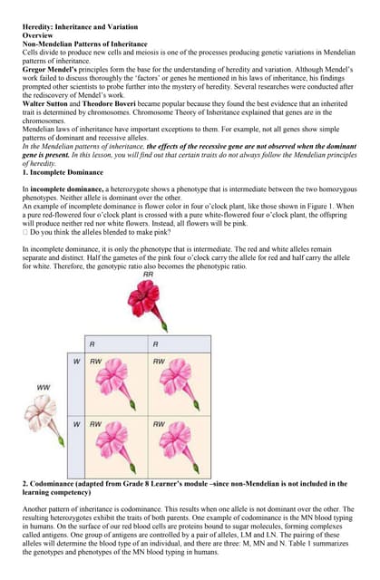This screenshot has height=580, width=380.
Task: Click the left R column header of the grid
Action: tap(92, 344)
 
